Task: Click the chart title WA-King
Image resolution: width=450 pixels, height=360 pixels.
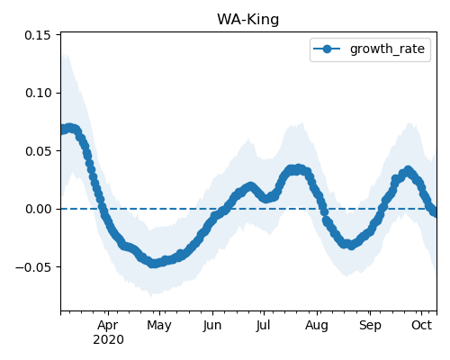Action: (248, 20)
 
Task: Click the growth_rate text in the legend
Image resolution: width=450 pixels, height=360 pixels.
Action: (387, 49)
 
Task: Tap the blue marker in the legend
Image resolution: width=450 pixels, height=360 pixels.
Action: (327, 49)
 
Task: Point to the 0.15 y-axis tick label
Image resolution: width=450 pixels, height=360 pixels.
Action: (38, 35)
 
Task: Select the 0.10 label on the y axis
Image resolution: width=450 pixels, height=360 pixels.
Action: (39, 93)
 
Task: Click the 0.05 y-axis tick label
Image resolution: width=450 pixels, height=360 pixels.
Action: (39, 151)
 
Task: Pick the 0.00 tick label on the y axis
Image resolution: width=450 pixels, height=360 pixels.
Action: (39, 209)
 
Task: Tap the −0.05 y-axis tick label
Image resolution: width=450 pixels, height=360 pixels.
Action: (33, 267)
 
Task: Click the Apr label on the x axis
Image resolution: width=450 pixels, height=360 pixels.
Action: (108, 325)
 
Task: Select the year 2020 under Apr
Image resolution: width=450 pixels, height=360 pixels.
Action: (108, 340)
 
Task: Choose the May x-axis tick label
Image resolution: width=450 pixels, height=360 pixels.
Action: (159, 326)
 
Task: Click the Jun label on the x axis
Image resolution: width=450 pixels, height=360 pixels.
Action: (212, 326)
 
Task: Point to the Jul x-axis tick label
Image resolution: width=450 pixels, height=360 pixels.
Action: (263, 325)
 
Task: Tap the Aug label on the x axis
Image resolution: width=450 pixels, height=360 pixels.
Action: (317, 326)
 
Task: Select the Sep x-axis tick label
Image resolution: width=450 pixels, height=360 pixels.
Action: (370, 326)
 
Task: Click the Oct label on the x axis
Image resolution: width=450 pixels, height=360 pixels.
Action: (421, 325)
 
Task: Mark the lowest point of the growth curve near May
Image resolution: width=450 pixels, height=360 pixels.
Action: (153, 264)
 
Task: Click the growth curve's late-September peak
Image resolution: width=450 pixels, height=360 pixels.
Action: (408, 171)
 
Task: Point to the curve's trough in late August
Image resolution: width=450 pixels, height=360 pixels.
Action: (351, 245)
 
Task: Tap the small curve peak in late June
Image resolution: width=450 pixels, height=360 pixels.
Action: (250, 187)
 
